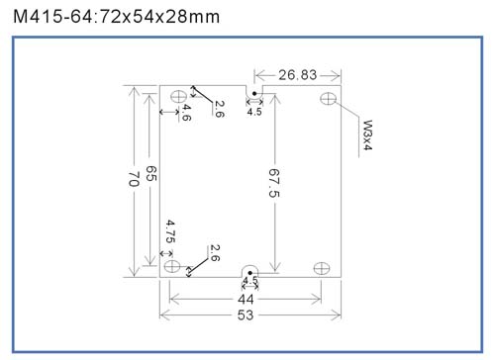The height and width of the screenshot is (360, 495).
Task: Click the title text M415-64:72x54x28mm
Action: [116, 17]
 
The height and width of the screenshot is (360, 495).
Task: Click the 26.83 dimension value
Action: [297, 75]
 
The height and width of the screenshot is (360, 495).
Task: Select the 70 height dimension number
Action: [134, 179]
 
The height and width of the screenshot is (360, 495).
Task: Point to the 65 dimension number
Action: [151, 173]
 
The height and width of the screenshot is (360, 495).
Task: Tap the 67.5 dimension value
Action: [274, 183]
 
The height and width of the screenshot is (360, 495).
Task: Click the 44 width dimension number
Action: [246, 300]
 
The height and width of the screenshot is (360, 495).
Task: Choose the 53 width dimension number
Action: [246, 315]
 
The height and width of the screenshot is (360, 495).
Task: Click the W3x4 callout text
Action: [367, 135]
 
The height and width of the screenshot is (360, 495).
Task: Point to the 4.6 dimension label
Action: [186, 113]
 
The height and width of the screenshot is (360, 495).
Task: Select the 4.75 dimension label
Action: [170, 231]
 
